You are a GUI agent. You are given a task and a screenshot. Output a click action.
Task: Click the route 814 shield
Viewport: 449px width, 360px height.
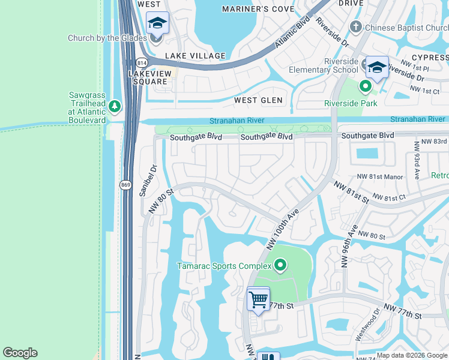142,62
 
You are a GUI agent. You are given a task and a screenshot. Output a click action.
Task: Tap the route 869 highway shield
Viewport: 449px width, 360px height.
125,185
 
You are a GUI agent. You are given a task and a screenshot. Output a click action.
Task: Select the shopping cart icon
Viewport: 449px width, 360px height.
258,298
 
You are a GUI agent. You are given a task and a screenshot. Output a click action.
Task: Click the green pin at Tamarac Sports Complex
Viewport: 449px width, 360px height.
280,265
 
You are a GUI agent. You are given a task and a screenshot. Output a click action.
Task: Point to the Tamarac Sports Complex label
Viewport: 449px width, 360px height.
223,265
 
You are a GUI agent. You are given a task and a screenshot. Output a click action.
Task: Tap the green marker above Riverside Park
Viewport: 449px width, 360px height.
365,87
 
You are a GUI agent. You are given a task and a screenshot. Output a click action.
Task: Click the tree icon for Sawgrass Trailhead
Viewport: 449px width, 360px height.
115,107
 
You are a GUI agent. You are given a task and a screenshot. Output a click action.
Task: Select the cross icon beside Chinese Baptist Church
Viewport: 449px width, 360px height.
356,27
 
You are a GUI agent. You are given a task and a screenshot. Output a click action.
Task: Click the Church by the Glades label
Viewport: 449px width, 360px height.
107,38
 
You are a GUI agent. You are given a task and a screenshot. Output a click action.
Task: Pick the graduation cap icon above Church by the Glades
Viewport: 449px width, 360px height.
157,23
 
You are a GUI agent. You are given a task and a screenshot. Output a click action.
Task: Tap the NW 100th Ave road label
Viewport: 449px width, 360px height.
283,229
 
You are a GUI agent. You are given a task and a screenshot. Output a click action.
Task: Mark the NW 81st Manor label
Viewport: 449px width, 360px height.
379,177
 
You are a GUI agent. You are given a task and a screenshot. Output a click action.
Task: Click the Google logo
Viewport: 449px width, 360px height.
20,353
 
